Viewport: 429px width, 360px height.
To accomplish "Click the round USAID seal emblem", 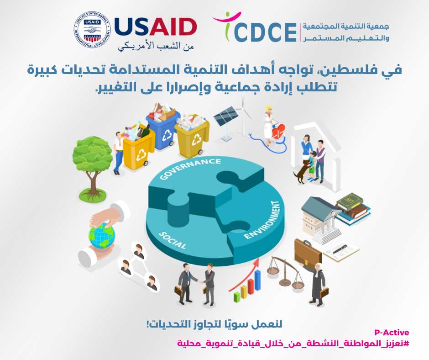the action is [92, 30].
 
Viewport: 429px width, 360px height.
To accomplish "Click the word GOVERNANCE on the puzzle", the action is [190, 168].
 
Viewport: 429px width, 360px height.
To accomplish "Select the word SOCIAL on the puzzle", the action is [173, 241].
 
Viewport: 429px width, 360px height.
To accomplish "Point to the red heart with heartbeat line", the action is [278, 131].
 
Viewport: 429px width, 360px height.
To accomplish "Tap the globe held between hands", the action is [101, 236].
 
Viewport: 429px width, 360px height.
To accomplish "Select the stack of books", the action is [353, 208].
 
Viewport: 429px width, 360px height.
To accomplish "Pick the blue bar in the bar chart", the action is [257, 280].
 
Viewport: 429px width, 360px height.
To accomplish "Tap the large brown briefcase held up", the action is [308, 253].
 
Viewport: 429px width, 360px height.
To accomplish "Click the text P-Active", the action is [392, 333].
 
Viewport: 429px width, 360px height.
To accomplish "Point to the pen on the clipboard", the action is [340, 249].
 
